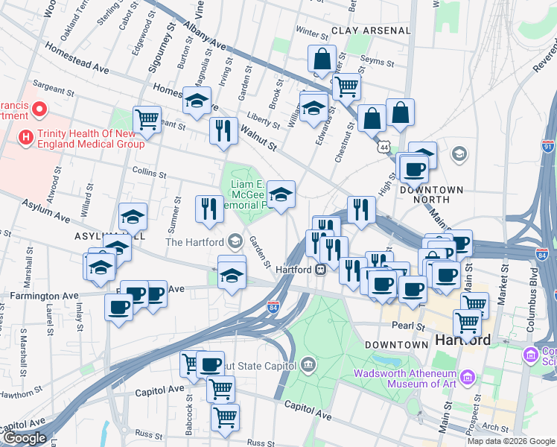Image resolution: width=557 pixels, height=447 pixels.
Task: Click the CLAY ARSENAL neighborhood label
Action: click(371, 31)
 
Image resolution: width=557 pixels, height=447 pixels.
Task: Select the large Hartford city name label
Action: click(462, 340)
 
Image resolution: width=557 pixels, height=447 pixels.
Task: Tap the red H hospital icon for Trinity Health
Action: click(27, 138)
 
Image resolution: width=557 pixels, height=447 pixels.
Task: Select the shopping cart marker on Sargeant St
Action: click(147, 118)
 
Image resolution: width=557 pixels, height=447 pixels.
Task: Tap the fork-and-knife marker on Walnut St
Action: click(223, 130)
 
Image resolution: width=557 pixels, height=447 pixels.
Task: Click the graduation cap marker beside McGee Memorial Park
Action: click(281, 195)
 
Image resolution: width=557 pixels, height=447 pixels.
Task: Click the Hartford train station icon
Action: click(319, 269)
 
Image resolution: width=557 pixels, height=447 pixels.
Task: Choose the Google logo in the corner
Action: click(24, 438)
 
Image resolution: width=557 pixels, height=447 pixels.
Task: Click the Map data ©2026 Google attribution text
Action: click(511, 441)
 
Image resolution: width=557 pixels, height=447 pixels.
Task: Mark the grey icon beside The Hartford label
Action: click(235, 241)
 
